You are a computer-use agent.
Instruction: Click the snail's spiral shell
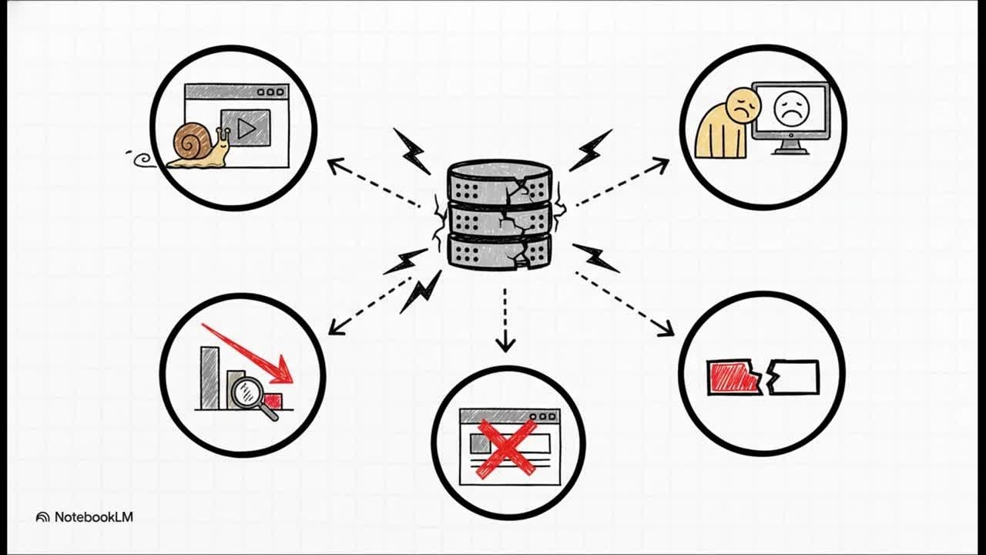[189, 142]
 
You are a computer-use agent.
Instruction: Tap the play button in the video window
[246, 128]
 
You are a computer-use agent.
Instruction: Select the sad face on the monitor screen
[790, 109]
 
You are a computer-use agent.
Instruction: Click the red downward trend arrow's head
[284, 372]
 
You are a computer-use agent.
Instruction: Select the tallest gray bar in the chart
[209, 377]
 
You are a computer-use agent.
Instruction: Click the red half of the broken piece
[733, 378]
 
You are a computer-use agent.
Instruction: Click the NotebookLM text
[93, 516]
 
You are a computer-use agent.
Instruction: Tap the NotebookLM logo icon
[43, 517]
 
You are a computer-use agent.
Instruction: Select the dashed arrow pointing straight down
[505, 320]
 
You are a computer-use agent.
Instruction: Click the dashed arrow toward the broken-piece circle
[624, 303]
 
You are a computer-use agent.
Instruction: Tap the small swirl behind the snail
[142, 160]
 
